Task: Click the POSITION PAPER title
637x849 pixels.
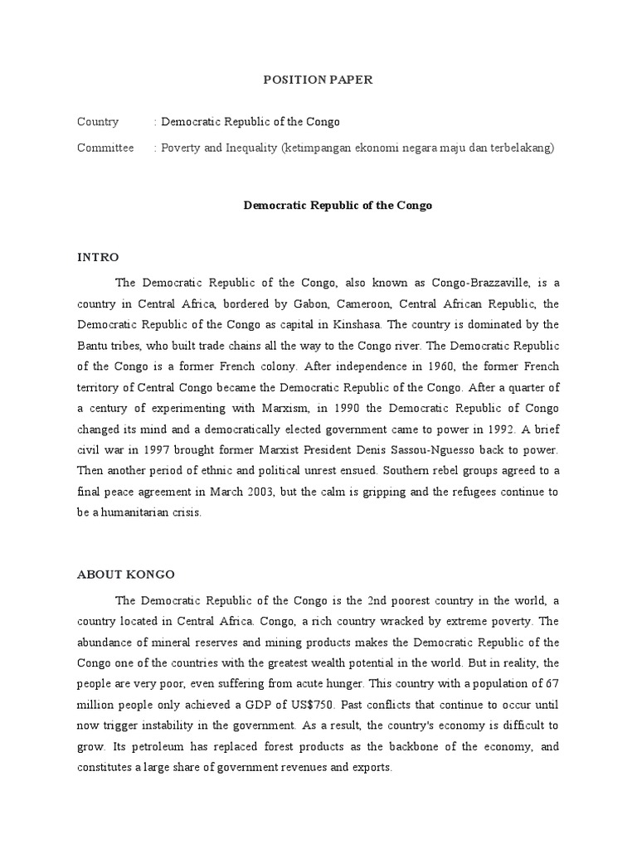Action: (318, 80)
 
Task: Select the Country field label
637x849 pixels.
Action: (98, 122)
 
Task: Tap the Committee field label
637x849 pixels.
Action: (105, 148)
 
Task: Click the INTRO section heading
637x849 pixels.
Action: (98, 257)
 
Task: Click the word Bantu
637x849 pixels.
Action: (94, 345)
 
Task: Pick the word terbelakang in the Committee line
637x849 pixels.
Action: (520, 148)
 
